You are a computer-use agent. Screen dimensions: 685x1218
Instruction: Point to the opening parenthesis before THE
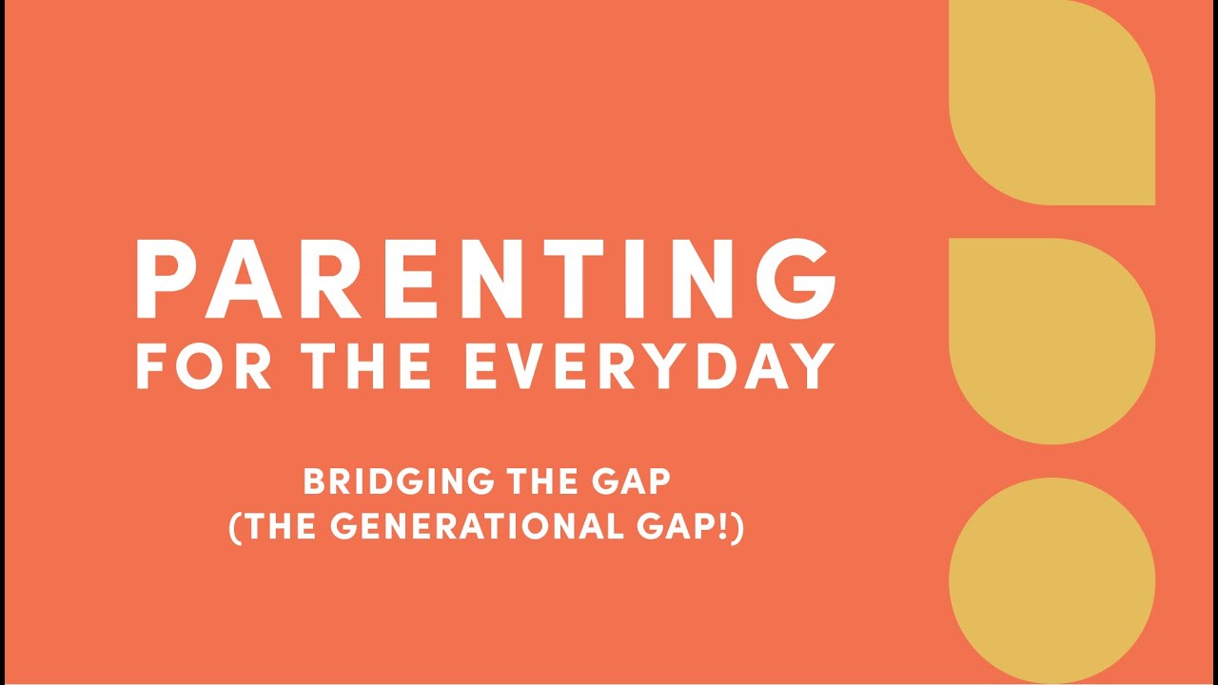[x=235, y=527]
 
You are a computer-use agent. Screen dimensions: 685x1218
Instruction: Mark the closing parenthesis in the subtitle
[x=737, y=527]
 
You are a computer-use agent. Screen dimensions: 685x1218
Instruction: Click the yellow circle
[x=1051, y=580]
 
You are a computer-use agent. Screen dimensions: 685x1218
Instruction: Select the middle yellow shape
[x=1051, y=340]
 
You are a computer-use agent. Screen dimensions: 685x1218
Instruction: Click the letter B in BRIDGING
[x=314, y=481]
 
